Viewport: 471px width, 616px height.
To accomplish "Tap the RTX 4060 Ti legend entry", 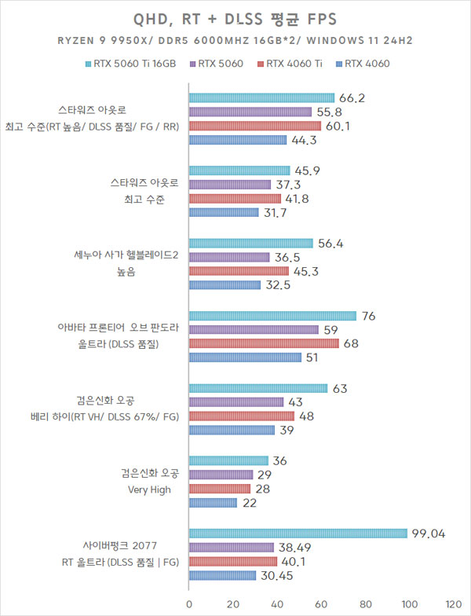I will [x=294, y=64].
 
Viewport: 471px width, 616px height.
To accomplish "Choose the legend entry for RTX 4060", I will [x=365, y=64].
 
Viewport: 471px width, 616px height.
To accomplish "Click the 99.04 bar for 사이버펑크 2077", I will [x=298, y=533].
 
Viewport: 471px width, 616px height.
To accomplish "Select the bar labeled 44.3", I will [x=238, y=140].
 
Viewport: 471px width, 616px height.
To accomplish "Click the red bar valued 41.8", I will [x=235, y=199].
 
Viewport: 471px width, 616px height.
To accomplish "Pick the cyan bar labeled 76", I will [x=272, y=316].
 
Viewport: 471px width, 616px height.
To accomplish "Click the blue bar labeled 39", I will [x=232, y=430].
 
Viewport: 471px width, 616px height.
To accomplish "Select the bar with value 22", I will [x=213, y=503].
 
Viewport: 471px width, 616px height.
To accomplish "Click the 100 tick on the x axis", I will [x=410, y=604].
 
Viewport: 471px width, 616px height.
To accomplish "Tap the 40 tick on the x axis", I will [x=277, y=604].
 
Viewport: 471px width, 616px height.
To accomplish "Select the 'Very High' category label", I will [x=149, y=489].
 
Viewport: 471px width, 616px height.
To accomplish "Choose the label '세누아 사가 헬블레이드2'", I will [x=126, y=255].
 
